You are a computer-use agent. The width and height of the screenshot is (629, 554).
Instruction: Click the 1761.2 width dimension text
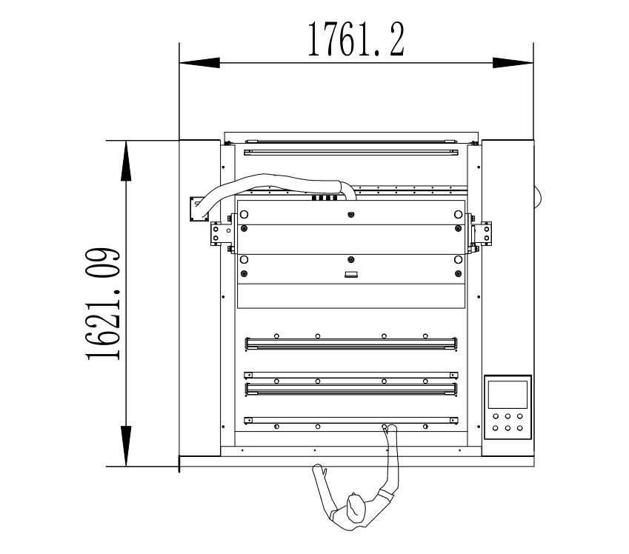(x=356, y=39)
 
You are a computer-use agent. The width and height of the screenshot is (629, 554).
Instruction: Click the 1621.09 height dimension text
(x=103, y=304)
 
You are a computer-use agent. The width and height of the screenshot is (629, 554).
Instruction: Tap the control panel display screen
(x=507, y=395)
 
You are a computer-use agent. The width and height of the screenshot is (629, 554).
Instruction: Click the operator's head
(x=356, y=507)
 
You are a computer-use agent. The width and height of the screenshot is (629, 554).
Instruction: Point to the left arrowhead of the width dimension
(x=199, y=63)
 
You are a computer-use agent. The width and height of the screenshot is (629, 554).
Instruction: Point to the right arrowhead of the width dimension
(x=513, y=63)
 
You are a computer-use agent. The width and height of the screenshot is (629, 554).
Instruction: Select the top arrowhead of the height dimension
(x=126, y=161)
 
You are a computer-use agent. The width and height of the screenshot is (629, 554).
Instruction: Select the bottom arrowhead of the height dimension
(x=126, y=446)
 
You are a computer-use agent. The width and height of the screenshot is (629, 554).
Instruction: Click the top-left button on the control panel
(x=496, y=416)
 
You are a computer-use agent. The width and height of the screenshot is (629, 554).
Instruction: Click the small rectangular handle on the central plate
(x=351, y=274)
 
